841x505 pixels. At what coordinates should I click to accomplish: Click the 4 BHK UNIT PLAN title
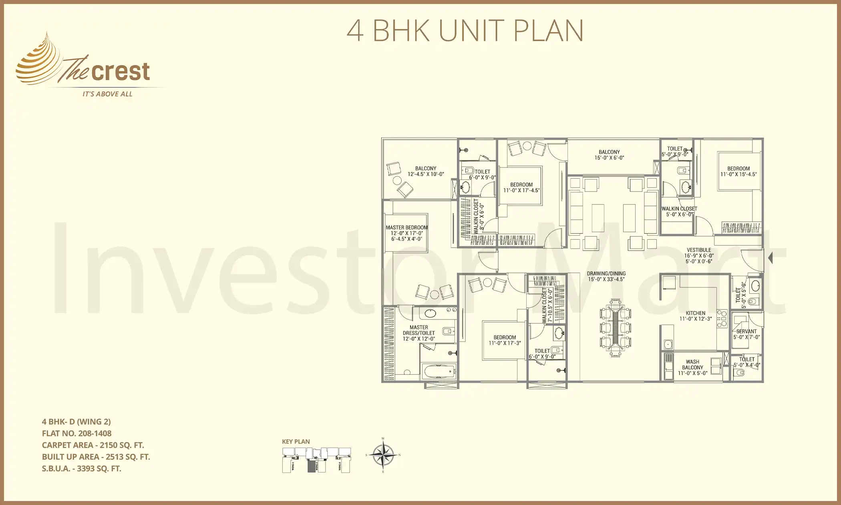pos(465,31)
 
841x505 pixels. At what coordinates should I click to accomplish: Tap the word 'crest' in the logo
pos(121,72)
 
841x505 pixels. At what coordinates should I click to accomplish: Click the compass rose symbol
pos(383,455)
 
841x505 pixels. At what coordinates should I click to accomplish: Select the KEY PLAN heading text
pos(296,442)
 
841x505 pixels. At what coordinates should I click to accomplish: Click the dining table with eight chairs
pos(615,328)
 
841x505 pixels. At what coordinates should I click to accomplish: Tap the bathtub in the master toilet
pos(439,371)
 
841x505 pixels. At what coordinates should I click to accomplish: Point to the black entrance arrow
pos(770,258)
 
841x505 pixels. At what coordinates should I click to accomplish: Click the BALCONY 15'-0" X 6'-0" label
pos(609,155)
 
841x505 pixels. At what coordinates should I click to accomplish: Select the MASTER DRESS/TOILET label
pos(418,333)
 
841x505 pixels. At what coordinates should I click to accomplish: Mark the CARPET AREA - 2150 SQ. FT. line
pos(93,445)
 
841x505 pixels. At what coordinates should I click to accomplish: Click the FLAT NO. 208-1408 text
pos(76,433)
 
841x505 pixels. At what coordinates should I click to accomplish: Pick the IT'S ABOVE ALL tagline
pos(107,94)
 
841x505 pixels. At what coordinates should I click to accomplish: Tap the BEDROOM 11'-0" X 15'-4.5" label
pos(738,171)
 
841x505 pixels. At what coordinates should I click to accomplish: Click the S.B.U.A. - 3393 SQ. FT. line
pos(81,469)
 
